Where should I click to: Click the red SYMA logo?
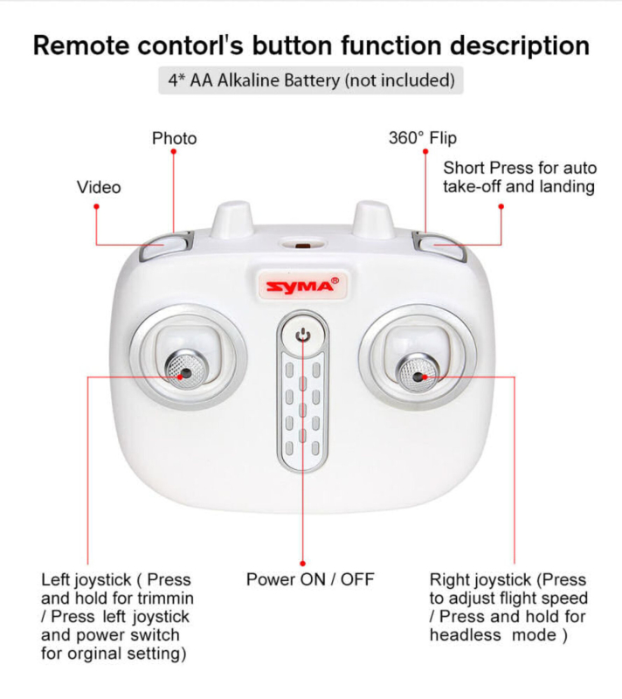(301, 287)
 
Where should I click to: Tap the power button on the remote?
(303, 335)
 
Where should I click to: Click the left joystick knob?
(184, 370)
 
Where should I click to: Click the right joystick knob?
(418, 373)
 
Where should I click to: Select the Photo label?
(174, 138)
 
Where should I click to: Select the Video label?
(99, 187)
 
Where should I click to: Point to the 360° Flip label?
(422, 138)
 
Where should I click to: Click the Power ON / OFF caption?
(310, 579)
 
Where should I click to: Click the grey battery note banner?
(310, 81)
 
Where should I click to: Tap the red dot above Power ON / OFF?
(303, 564)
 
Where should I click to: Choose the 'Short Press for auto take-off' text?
(520, 168)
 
